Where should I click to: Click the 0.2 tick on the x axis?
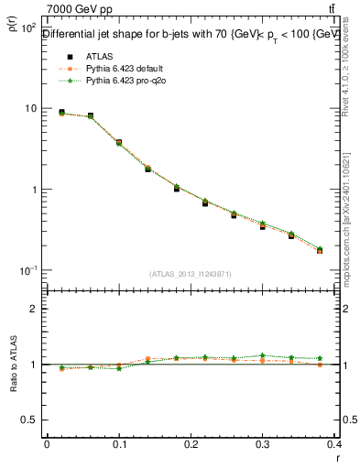point(191,444)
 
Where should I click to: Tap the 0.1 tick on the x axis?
point(118,444)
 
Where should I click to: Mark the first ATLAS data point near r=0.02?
point(61,113)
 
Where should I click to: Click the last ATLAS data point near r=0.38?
point(320,249)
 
